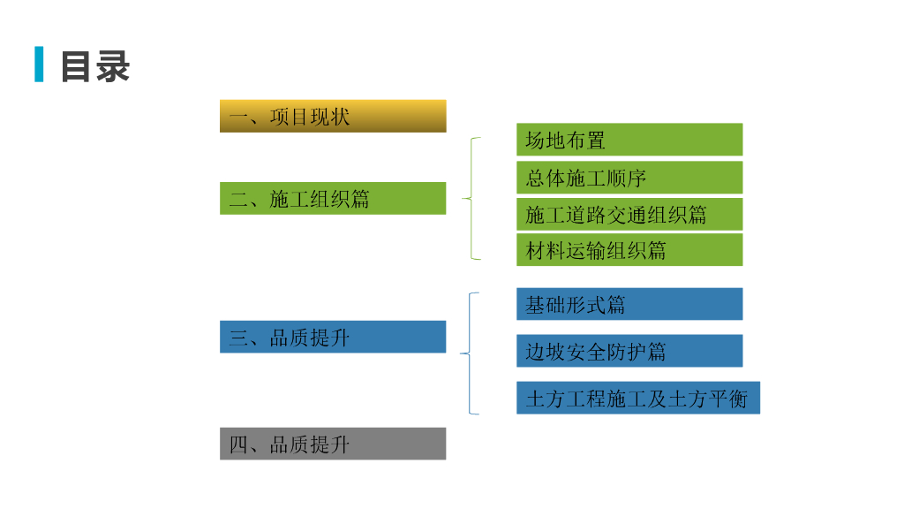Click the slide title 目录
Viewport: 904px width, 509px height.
[x=94, y=66]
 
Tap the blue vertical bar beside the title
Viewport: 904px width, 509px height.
[x=39, y=65]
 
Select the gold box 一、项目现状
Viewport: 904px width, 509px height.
[x=333, y=116]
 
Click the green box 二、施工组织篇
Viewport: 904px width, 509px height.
[x=333, y=198]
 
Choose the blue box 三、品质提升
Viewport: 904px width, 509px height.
[x=333, y=337]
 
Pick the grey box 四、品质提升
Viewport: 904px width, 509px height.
[x=333, y=444]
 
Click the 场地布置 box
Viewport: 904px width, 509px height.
[x=629, y=140]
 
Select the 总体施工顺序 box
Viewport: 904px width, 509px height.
[x=629, y=177]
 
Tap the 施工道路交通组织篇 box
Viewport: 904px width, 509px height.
[x=629, y=214]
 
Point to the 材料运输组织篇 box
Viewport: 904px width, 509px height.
[x=629, y=250]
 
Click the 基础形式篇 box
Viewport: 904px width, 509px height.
[x=629, y=304]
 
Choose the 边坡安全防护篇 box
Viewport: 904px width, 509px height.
[x=629, y=351]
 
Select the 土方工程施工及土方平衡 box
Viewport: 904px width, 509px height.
[x=637, y=398]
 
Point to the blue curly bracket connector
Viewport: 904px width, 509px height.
[x=471, y=353]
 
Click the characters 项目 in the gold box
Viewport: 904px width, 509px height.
[x=290, y=117]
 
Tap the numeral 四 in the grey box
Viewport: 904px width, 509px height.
[x=239, y=444]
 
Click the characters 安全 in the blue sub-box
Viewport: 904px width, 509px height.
[x=586, y=352]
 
